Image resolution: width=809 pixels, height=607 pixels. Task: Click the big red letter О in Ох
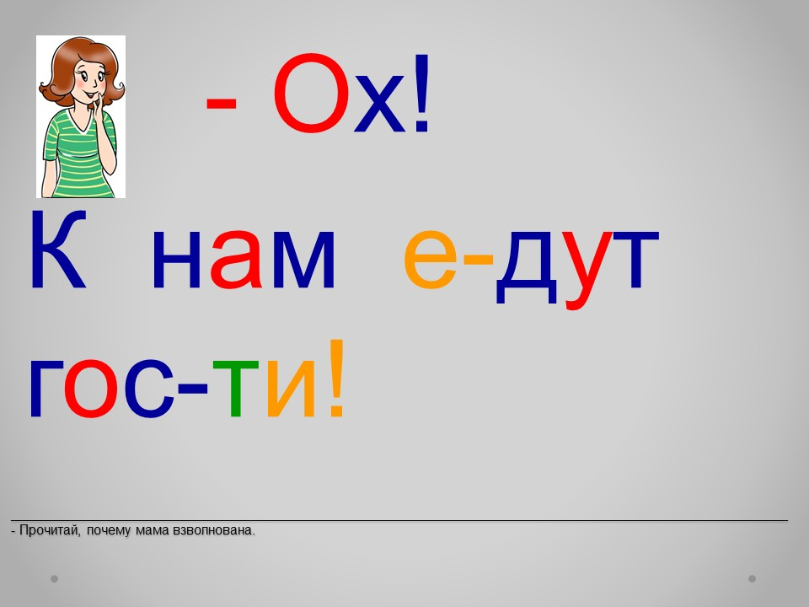click(x=311, y=93)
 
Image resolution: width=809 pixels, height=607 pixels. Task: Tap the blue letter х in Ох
click(x=379, y=103)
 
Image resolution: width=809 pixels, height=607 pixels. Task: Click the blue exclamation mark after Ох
click(x=421, y=93)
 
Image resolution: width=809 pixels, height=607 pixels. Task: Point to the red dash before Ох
click(x=221, y=105)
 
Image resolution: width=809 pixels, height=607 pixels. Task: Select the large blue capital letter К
click(x=58, y=249)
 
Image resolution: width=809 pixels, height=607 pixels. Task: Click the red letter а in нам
click(x=235, y=258)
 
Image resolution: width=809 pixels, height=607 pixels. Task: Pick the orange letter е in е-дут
click(x=431, y=258)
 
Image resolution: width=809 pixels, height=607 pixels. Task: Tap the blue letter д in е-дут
click(x=526, y=266)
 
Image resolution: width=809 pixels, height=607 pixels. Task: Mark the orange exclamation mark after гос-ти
click(x=336, y=378)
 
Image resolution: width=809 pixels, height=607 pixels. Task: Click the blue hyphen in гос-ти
click(x=192, y=387)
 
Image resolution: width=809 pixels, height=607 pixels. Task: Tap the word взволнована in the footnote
click(x=213, y=530)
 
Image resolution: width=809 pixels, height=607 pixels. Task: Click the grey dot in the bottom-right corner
click(x=753, y=578)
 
